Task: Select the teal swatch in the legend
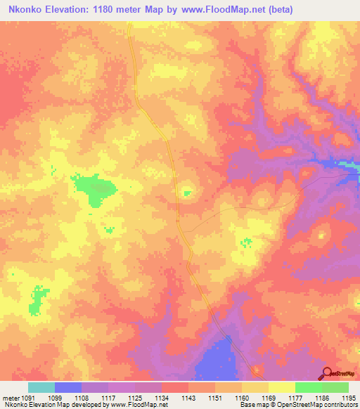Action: coord(41,387)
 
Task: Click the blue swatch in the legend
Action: coord(67,387)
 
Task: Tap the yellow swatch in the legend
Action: coord(281,387)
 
